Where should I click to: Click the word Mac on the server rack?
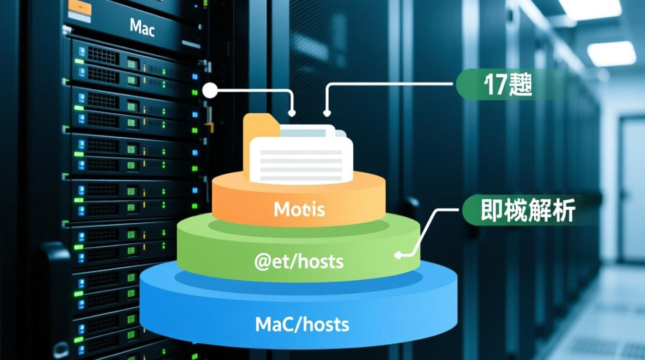click(x=142, y=27)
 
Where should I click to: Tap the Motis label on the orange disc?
click(x=299, y=209)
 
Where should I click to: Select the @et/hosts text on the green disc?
click(x=299, y=262)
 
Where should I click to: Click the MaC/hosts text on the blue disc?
click(x=302, y=325)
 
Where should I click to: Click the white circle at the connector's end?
click(x=209, y=90)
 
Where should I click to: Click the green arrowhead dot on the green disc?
click(x=398, y=255)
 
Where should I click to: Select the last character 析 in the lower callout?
click(x=565, y=210)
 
